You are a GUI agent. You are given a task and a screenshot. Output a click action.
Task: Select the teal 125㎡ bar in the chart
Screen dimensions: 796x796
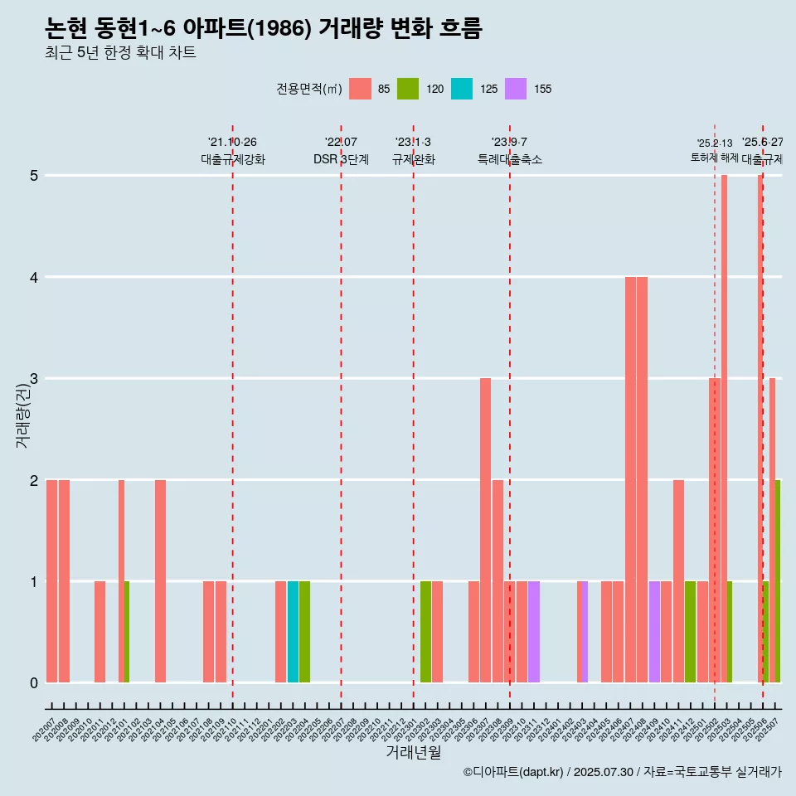click(x=293, y=632)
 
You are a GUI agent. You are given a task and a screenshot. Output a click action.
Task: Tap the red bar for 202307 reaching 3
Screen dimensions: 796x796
click(x=485, y=530)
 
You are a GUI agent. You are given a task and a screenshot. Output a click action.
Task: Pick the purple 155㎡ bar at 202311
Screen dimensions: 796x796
click(x=534, y=632)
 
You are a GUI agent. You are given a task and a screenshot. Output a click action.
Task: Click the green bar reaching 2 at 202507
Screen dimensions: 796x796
click(x=778, y=580)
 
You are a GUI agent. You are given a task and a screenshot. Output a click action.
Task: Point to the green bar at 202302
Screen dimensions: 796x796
click(x=425, y=632)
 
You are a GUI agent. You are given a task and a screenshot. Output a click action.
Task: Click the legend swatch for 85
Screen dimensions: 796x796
click(x=360, y=89)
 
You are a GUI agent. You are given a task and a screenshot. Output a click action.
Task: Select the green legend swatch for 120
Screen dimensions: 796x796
click(x=408, y=89)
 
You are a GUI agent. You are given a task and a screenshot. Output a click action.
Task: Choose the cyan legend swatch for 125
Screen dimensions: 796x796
click(x=462, y=89)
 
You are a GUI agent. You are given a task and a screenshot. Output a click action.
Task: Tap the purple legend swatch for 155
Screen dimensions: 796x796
click(x=516, y=89)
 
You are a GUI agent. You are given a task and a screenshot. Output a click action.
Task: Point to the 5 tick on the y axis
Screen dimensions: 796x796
click(x=34, y=176)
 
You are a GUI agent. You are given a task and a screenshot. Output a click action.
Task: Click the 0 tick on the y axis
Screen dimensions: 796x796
click(x=34, y=683)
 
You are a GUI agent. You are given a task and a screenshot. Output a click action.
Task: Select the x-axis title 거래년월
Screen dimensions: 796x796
click(x=413, y=752)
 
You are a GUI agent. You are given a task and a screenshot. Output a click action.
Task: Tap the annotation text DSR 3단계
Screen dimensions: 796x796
click(x=341, y=159)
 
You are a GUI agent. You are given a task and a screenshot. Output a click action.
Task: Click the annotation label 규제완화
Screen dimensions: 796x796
click(x=413, y=159)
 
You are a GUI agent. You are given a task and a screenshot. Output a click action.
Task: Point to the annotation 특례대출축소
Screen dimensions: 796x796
click(x=509, y=159)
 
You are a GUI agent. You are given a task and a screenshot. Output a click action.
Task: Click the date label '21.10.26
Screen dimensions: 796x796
click(x=232, y=143)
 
